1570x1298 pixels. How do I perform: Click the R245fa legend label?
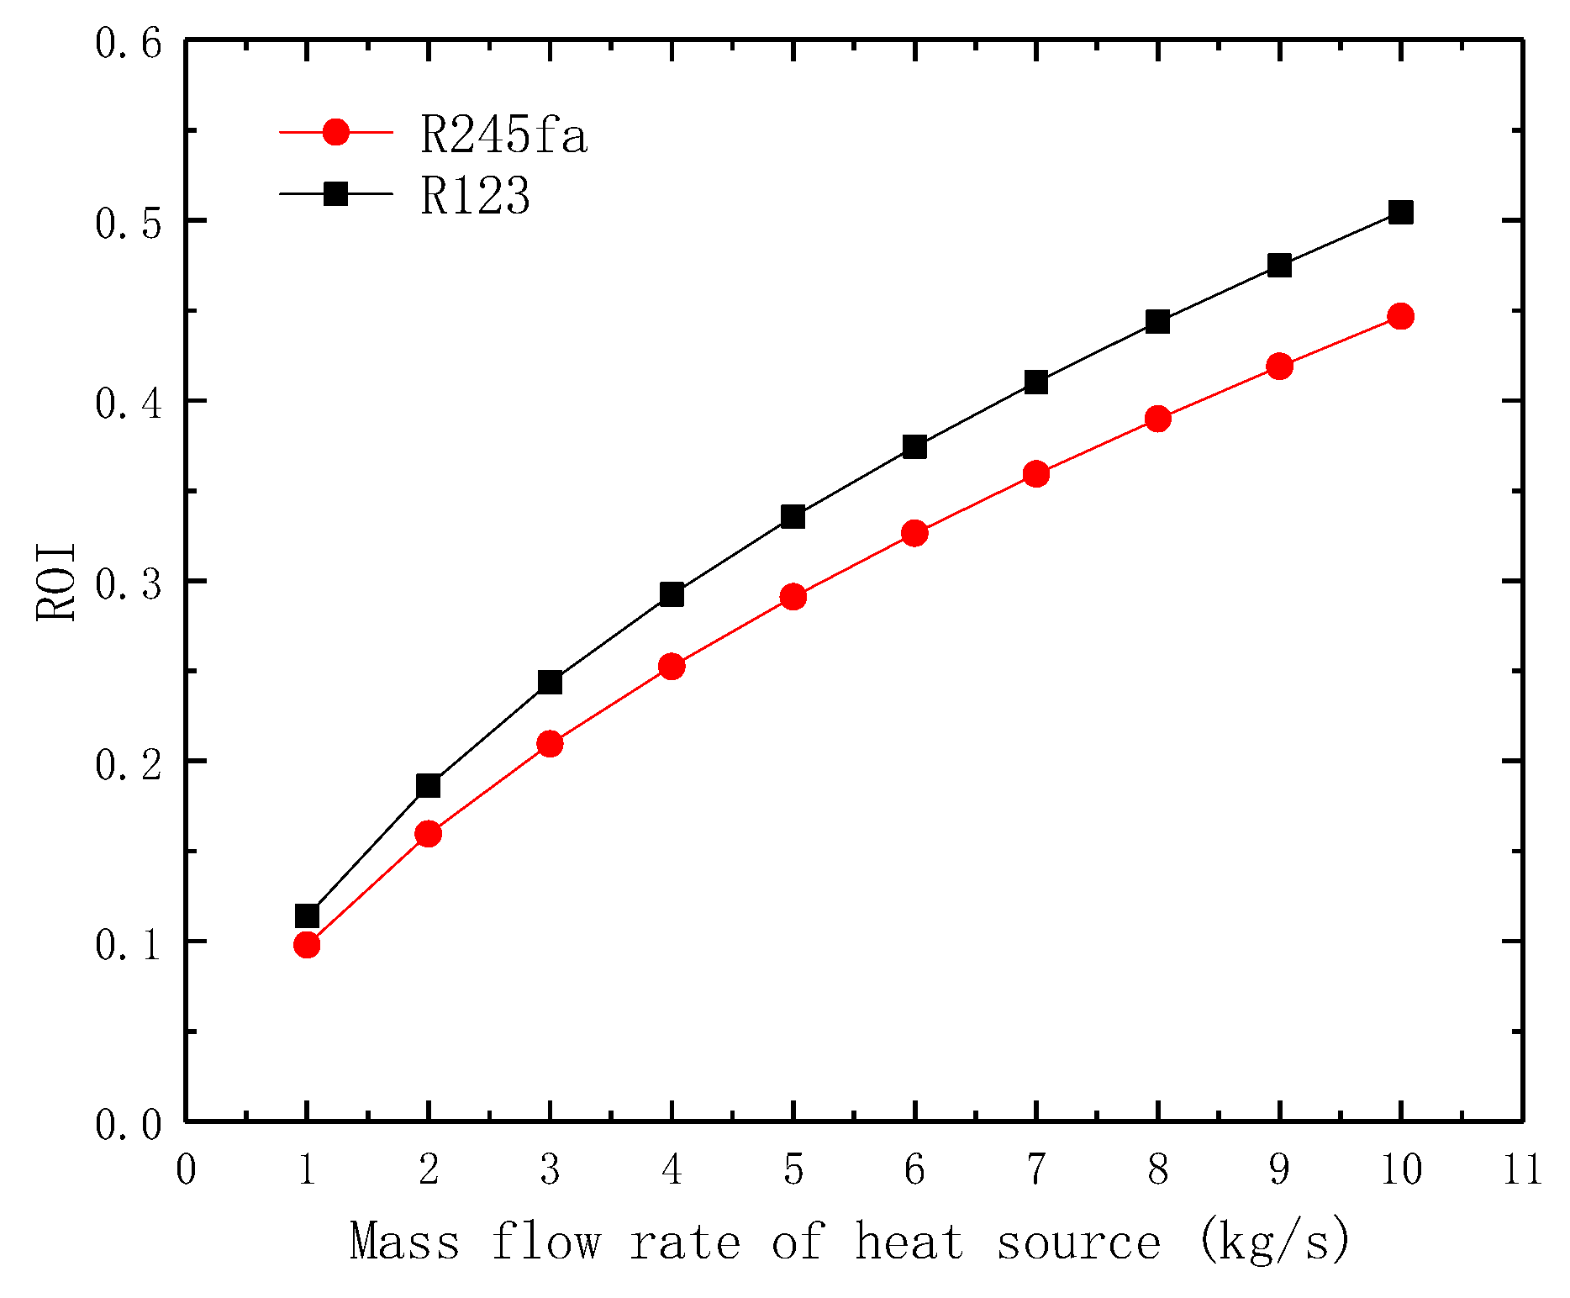(x=503, y=135)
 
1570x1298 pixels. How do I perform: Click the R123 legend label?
(x=475, y=197)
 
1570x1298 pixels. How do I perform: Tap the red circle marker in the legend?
(x=335, y=132)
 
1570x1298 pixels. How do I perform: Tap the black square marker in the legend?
(x=335, y=193)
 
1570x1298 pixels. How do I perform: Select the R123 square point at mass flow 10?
(x=1400, y=213)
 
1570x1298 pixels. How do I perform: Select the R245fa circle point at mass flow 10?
(x=1400, y=317)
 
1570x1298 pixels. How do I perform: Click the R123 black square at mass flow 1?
(x=307, y=915)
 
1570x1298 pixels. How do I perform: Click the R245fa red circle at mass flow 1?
(x=307, y=945)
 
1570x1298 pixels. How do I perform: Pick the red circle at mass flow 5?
(x=793, y=597)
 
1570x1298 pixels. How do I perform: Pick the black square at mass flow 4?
(x=672, y=595)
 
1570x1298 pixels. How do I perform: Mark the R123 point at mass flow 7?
(x=1035, y=383)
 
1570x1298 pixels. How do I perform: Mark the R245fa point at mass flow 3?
(x=550, y=743)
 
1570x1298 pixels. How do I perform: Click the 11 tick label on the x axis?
(x=1522, y=1169)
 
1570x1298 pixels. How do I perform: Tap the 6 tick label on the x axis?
(x=914, y=1169)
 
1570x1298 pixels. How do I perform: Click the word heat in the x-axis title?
(x=909, y=1242)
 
